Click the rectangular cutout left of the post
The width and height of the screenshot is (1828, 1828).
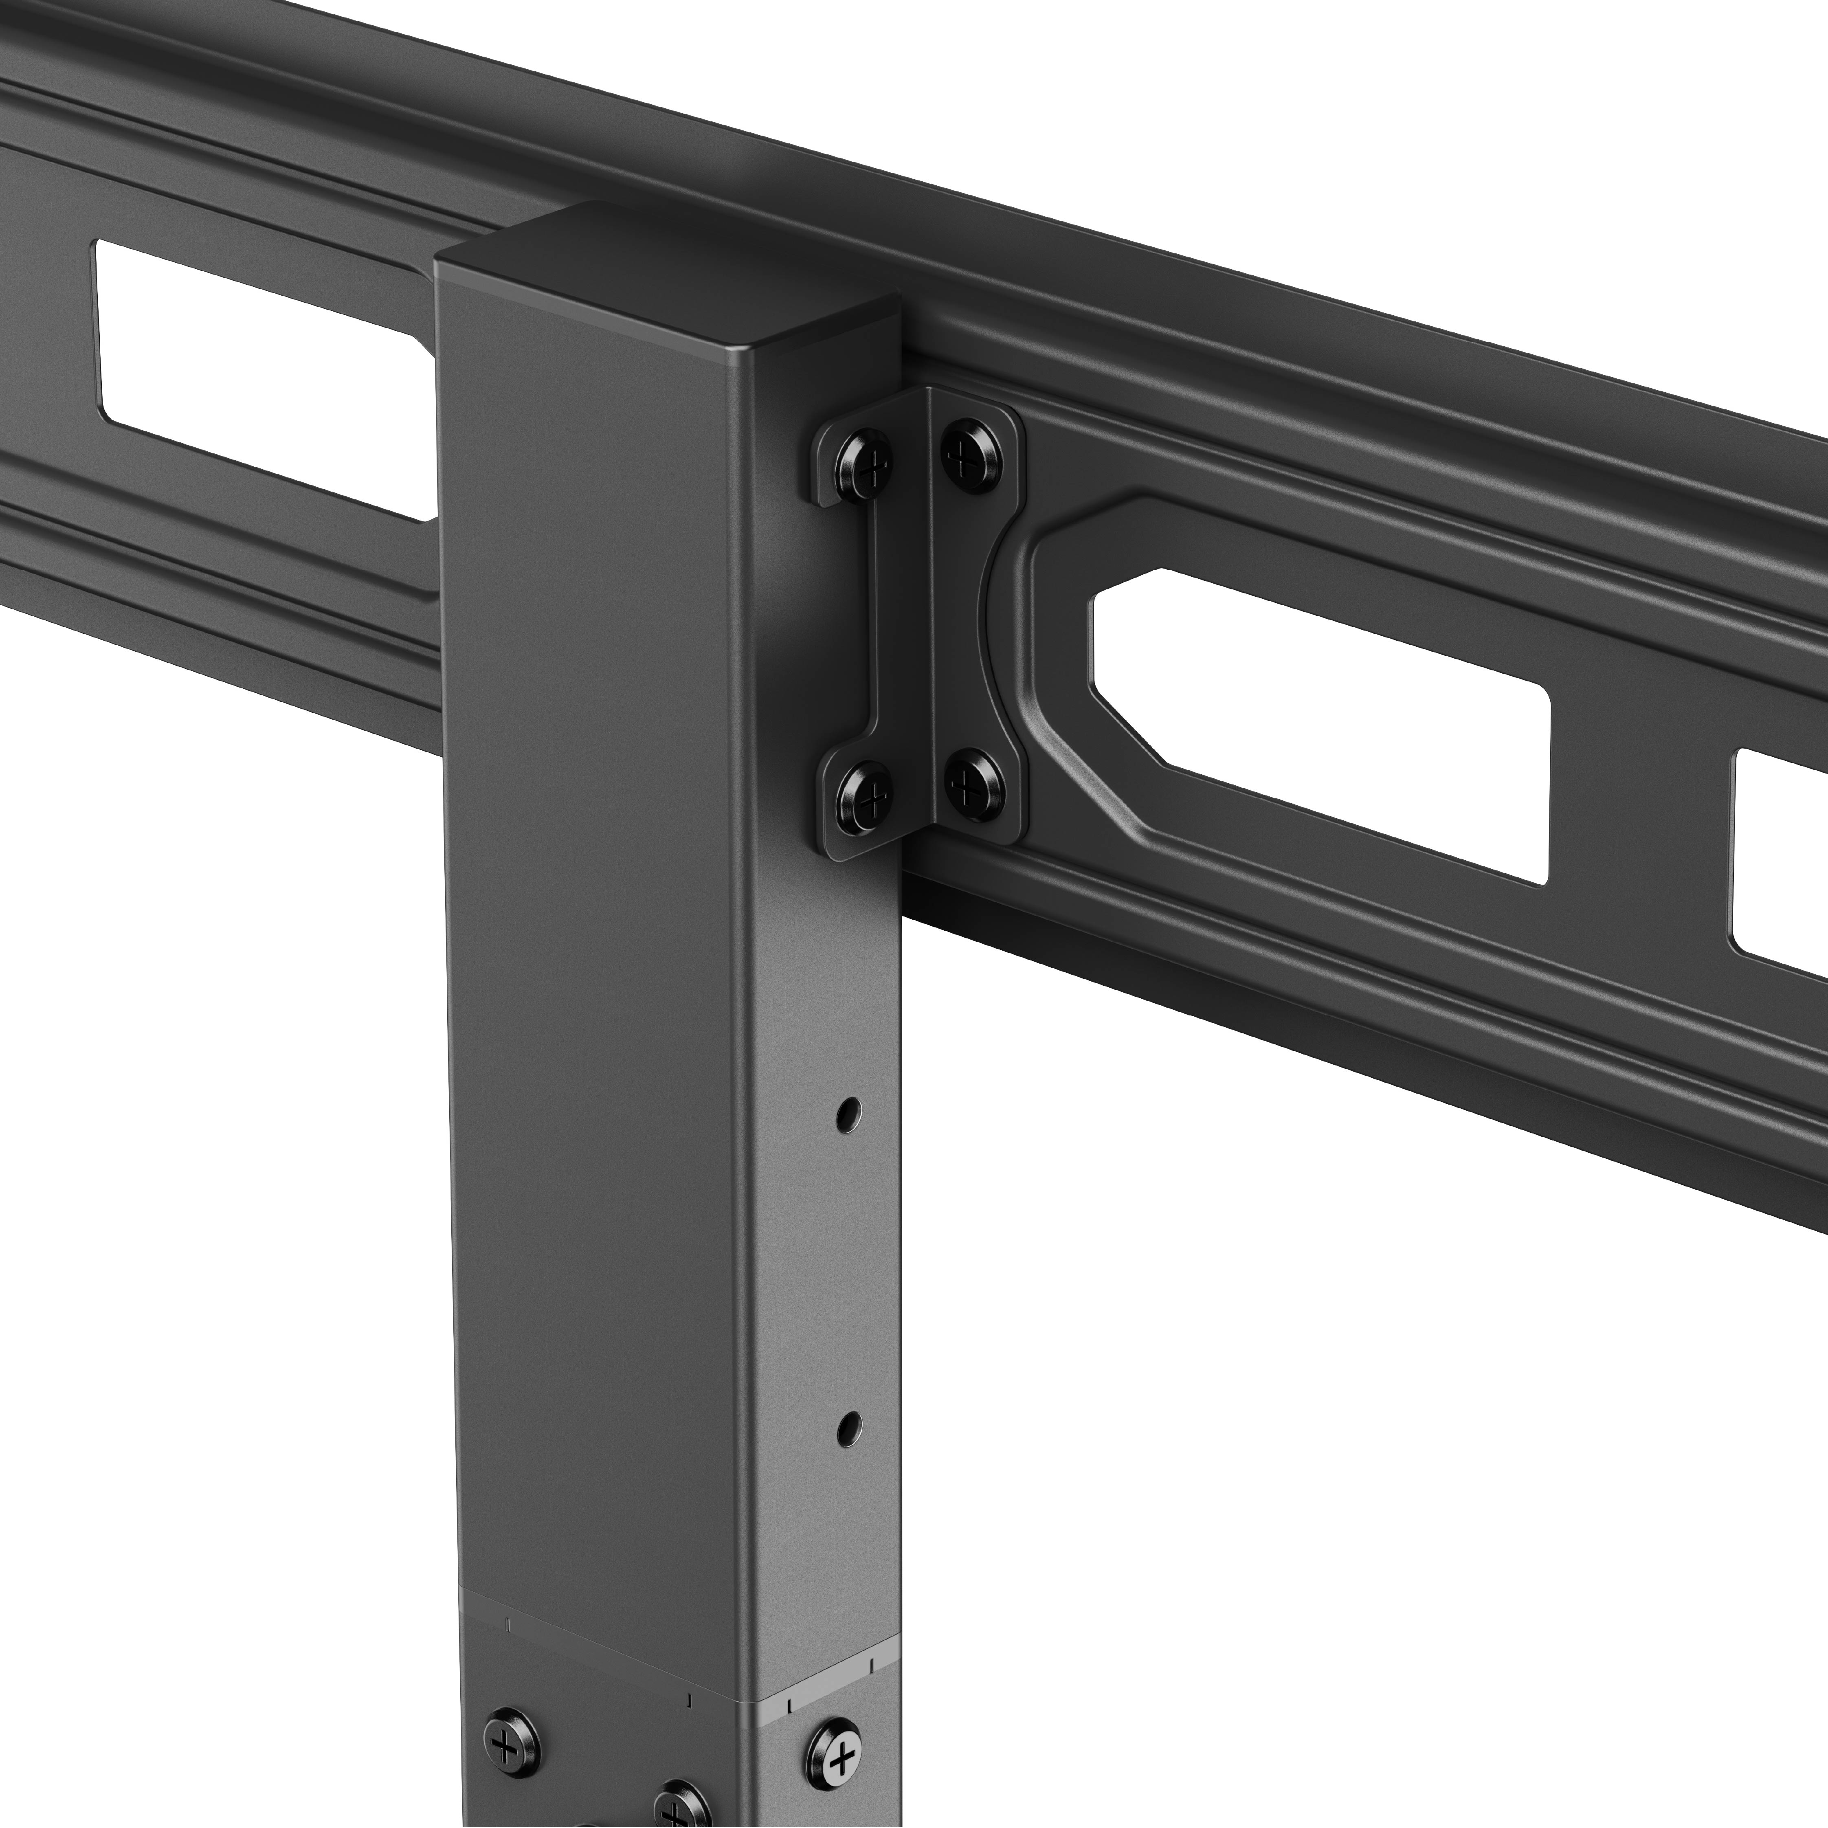(x=265, y=378)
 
